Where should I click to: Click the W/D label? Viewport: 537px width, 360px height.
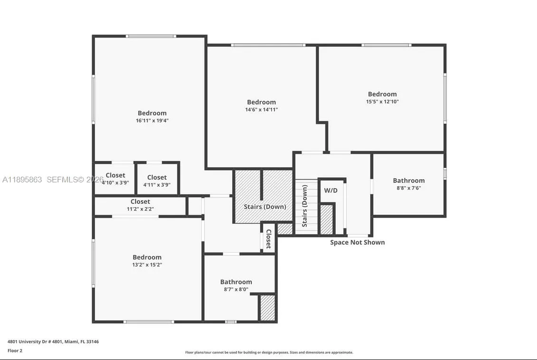(x=330, y=190)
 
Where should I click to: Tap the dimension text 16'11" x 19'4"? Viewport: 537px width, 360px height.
(x=152, y=121)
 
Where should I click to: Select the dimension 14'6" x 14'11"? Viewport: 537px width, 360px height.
(x=261, y=110)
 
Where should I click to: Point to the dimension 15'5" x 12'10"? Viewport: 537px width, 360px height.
(x=382, y=102)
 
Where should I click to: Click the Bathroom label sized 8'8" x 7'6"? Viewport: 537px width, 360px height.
(x=408, y=180)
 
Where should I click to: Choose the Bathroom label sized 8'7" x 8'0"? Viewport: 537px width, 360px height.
(x=236, y=282)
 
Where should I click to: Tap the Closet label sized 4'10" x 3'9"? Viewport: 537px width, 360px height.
(x=115, y=175)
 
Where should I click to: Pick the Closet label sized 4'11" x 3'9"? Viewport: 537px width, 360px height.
(x=157, y=178)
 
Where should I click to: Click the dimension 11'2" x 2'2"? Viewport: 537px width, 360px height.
(x=140, y=209)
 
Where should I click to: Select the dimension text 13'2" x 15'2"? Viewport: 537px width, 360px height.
(x=147, y=265)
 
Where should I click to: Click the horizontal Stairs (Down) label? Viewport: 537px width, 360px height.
(x=265, y=207)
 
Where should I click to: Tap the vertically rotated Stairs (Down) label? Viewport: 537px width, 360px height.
(x=305, y=206)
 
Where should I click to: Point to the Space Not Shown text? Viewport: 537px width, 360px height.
(x=358, y=242)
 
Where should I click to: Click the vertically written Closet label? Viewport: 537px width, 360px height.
(x=268, y=238)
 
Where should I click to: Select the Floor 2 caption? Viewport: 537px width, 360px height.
(x=15, y=351)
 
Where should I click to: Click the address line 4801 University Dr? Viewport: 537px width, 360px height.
(x=53, y=341)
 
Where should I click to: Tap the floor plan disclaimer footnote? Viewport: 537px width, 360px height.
(x=269, y=352)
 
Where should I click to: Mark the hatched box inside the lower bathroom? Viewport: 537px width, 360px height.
(x=267, y=308)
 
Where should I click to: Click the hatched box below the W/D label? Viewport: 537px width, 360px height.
(x=327, y=219)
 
